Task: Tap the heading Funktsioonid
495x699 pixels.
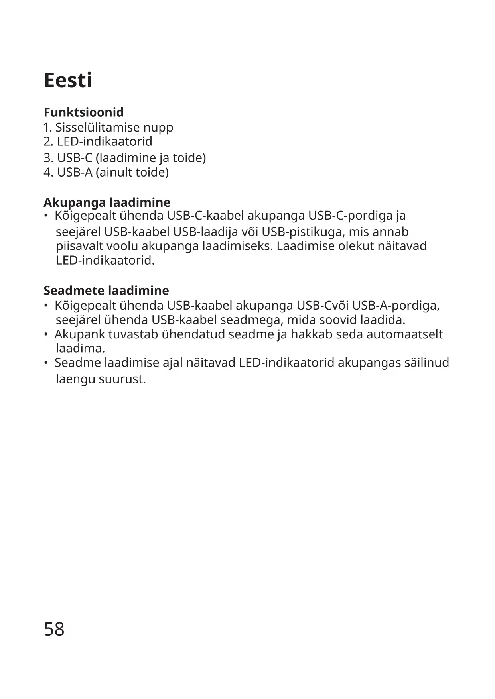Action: [84, 112]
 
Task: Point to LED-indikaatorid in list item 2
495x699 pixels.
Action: [105, 141]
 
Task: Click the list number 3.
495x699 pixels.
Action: [48, 158]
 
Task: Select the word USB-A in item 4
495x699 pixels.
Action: [75, 172]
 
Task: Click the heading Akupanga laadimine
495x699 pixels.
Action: [107, 202]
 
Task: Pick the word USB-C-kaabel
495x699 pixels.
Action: [205, 216]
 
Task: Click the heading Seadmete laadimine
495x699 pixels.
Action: [106, 290]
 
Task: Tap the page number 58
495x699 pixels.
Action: [54, 629]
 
